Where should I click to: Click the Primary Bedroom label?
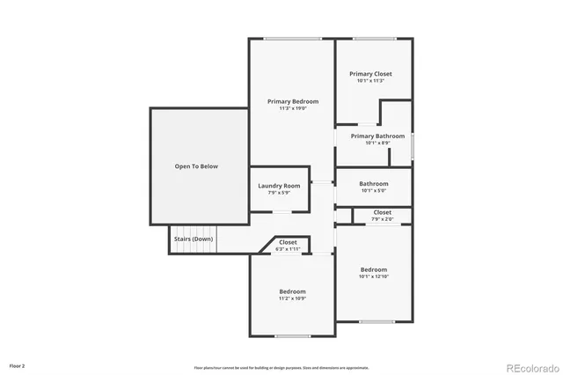coord(293,101)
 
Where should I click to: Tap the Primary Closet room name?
coord(370,74)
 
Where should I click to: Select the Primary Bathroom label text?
coord(377,136)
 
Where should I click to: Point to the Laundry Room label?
coord(279,186)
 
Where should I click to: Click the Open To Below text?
coord(196,165)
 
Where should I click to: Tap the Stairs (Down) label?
coord(193,239)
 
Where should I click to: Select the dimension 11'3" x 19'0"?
coord(293,108)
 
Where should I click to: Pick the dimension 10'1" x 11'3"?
coord(370,81)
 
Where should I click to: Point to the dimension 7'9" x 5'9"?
coord(279,193)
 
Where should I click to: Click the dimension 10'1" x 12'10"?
coord(373,276)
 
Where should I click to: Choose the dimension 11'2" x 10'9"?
coord(292,298)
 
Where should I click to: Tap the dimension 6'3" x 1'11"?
coord(288,249)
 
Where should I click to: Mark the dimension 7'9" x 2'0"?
coord(382,219)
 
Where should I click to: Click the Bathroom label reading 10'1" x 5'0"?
coord(373,183)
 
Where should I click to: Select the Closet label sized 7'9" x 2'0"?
coord(382,212)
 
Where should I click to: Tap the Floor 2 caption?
coord(18,364)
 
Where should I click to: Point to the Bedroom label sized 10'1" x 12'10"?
coord(373,269)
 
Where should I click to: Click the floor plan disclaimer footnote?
coord(281,367)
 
